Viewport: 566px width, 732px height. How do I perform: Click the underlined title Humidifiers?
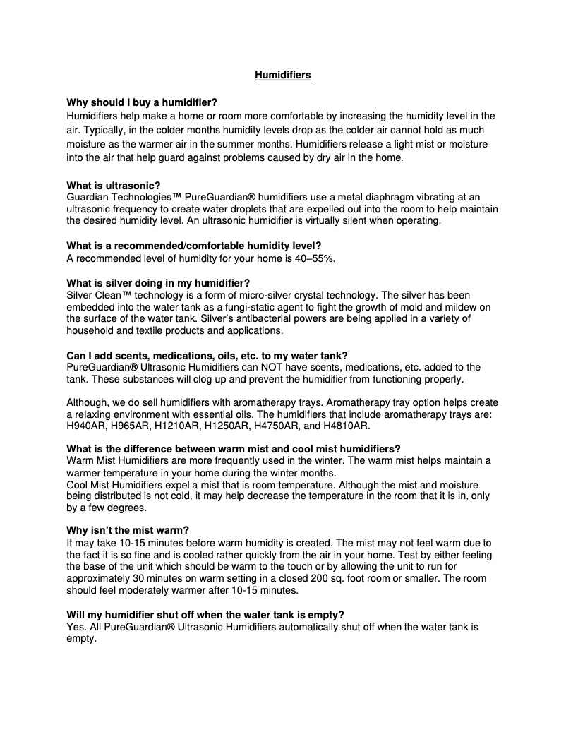[282, 75]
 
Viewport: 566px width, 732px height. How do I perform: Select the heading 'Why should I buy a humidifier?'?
[142, 102]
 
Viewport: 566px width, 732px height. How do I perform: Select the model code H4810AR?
[345, 426]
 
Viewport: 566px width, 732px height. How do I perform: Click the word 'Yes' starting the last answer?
[75, 626]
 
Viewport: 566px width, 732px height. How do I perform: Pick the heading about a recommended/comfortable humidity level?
[194, 246]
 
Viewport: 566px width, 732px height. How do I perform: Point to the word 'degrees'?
[127, 507]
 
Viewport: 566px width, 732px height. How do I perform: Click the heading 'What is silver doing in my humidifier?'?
[158, 282]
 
